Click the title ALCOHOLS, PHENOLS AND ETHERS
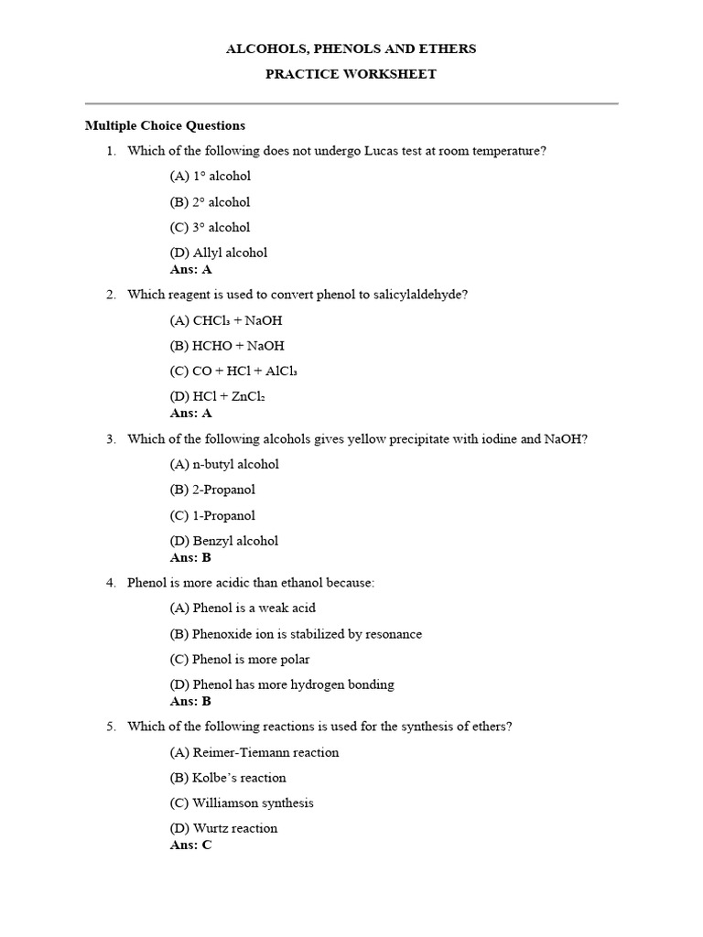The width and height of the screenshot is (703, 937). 351,48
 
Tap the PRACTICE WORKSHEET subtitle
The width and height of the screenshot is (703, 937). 351,74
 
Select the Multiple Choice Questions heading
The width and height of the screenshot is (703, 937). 165,125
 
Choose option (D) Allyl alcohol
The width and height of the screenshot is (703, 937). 219,253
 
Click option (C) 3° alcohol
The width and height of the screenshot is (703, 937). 210,227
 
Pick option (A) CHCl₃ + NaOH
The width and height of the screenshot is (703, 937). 226,320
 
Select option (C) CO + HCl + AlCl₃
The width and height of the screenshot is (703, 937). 233,372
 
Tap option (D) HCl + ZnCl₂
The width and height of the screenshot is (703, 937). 217,397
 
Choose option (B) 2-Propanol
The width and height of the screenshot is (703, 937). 212,490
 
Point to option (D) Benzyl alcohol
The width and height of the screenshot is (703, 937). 224,541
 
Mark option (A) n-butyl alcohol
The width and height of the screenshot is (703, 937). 224,464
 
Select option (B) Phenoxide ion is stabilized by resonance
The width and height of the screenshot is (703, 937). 296,633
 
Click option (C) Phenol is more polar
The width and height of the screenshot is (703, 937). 240,659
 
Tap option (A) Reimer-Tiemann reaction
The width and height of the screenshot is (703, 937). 254,752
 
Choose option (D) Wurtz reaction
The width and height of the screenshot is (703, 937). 223,828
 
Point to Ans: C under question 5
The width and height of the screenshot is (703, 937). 190,845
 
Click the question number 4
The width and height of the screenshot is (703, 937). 111,583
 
